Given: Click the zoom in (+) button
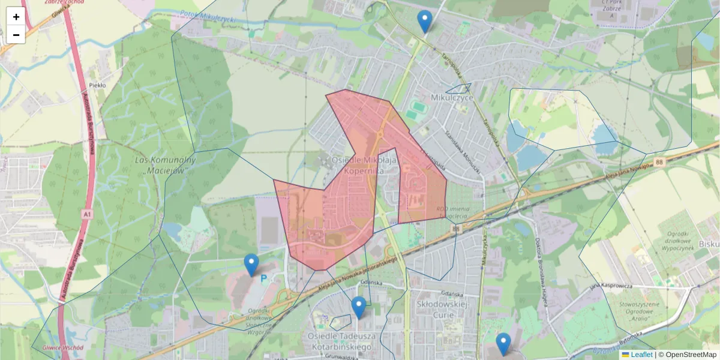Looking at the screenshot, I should point(16,17).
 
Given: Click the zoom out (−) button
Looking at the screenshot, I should point(16,35).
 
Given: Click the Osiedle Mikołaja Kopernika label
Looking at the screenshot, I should point(364,166).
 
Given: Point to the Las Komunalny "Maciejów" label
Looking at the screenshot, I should point(166,165).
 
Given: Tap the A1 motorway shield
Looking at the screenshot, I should point(88,214).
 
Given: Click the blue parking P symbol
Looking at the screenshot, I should point(263,278).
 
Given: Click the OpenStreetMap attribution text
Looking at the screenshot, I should point(687,355).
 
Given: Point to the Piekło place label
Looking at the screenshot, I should point(97,85).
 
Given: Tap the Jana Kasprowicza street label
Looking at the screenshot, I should point(611,286).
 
